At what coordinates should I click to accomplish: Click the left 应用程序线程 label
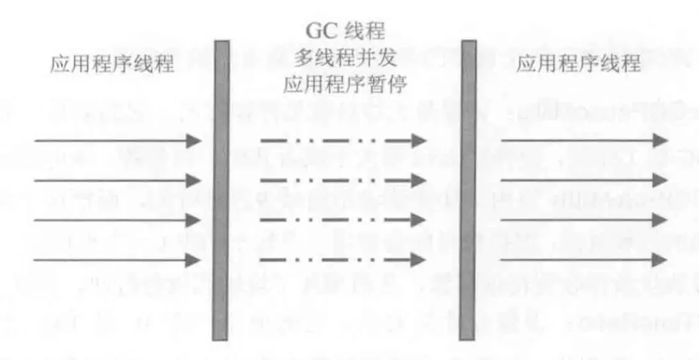click(x=112, y=65)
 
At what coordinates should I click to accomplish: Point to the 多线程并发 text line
click(x=345, y=60)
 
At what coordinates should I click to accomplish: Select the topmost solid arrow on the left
click(x=116, y=140)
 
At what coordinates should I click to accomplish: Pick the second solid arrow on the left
click(x=116, y=180)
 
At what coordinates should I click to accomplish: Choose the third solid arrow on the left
click(x=116, y=220)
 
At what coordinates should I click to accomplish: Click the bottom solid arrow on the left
click(x=116, y=259)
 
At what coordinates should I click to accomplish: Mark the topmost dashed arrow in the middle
click(x=343, y=140)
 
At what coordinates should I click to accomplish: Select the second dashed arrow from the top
click(x=343, y=180)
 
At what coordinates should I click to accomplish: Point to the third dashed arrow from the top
click(x=343, y=220)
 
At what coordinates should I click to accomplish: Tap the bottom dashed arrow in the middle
click(x=343, y=259)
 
